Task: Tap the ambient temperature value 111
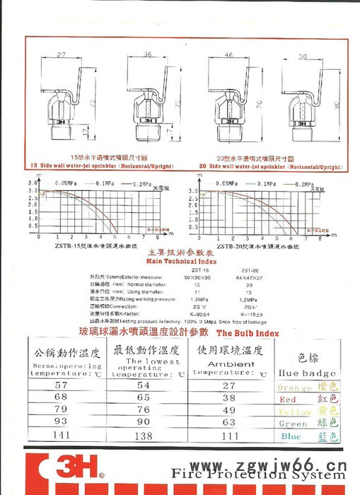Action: tap(228, 436)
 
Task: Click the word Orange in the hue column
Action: tap(294, 388)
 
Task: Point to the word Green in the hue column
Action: tap(292, 424)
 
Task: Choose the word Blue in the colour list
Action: tap(291, 436)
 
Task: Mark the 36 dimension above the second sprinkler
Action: tap(147, 54)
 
